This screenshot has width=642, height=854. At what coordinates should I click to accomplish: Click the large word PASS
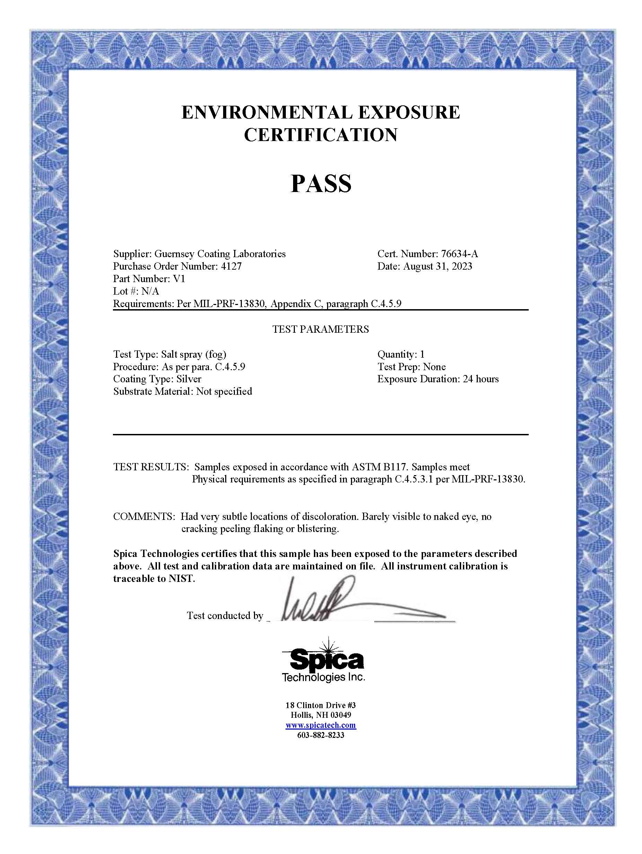(x=321, y=183)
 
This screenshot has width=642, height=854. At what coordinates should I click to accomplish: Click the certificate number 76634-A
(x=459, y=254)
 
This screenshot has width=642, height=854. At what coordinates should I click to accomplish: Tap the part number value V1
(x=179, y=279)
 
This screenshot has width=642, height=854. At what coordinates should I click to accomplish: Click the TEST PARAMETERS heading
(x=320, y=329)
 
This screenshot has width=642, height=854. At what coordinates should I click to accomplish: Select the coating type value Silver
(x=189, y=379)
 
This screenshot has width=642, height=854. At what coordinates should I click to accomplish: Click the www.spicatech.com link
(x=320, y=725)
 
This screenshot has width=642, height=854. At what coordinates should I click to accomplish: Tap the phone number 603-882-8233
(x=320, y=735)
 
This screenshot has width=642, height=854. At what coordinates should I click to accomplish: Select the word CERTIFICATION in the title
(x=320, y=135)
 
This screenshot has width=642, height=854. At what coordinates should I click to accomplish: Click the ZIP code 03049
(x=341, y=715)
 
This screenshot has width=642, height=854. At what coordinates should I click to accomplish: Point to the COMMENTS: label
(x=144, y=516)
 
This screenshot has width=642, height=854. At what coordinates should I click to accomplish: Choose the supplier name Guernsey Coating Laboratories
(x=220, y=254)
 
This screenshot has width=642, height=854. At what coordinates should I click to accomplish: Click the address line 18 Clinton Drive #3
(x=320, y=705)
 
